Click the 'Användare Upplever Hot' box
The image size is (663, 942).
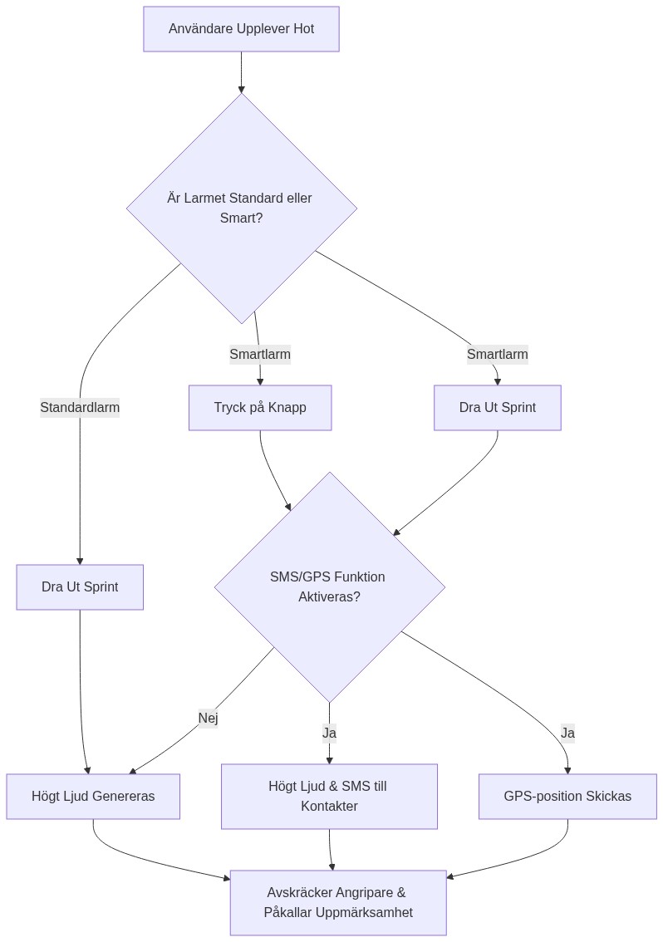coord(241,29)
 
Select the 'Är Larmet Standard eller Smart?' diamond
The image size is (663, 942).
coord(241,209)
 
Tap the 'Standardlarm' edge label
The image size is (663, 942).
coord(80,407)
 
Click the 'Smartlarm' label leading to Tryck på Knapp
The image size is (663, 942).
coord(260,355)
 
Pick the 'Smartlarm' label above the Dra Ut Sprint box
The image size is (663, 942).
coord(497,355)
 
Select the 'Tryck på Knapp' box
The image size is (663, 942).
coord(260,407)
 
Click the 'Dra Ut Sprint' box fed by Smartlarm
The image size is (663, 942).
coord(497,407)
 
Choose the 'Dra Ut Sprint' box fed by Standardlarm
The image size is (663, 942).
coord(80,587)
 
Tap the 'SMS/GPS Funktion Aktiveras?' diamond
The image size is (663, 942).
coord(329,587)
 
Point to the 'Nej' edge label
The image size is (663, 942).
coord(208,718)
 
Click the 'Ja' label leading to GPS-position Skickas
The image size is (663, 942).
coord(567,733)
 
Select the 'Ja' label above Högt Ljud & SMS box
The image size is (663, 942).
coord(329,733)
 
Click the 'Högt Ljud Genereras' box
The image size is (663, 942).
coord(93,796)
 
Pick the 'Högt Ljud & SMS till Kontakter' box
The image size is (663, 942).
coord(329,796)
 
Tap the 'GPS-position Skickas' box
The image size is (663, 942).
coord(567,796)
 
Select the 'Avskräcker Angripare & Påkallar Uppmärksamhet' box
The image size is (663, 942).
coord(337,902)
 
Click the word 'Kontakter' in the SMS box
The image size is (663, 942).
coord(329,806)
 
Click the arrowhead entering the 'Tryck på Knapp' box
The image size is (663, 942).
coord(260,381)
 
